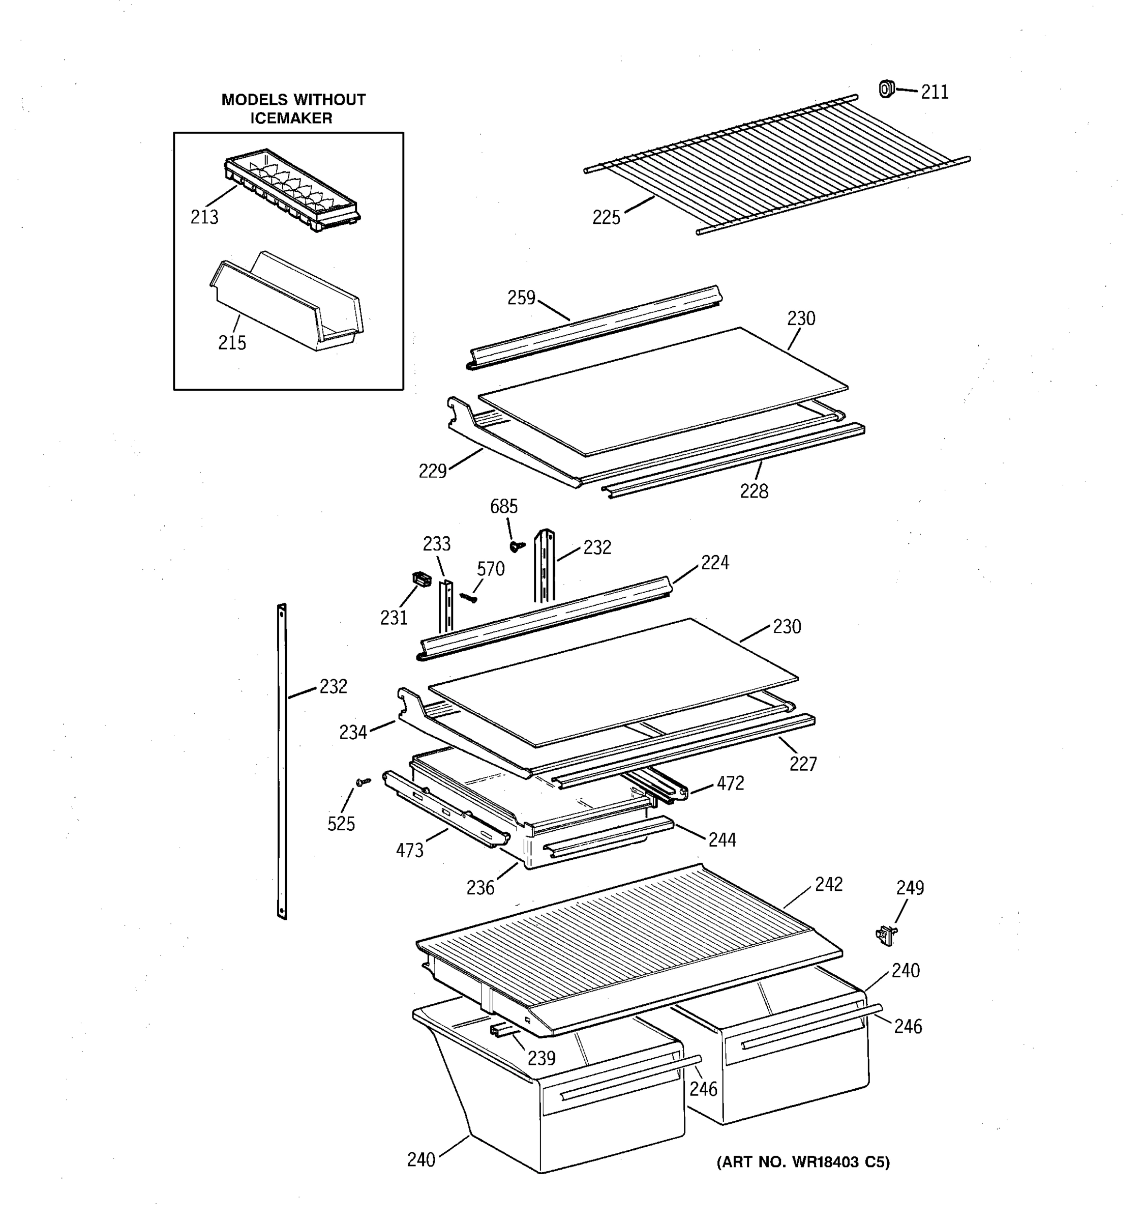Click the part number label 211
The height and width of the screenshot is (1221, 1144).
pyautogui.click(x=934, y=92)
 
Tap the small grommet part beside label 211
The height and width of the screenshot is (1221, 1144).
pyautogui.click(x=886, y=89)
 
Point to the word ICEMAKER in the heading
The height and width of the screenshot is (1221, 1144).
pyautogui.click(x=291, y=118)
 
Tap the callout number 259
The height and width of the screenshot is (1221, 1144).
pyautogui.click(x=521, y=298)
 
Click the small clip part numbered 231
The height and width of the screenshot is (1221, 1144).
pyautogui.click(x=420, y=578)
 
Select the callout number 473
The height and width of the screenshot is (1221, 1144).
pyautogui.click(x=409, y=851)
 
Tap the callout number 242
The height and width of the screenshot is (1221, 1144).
pyautogui.click(x=829, y=884)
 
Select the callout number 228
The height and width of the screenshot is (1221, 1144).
pyautogui.click(x=754, y=491)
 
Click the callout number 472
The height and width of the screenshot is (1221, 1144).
pyautogui.click(x=730, y=783)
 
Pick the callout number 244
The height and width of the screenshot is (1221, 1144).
pyautogui.click(x=722, y=839)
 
